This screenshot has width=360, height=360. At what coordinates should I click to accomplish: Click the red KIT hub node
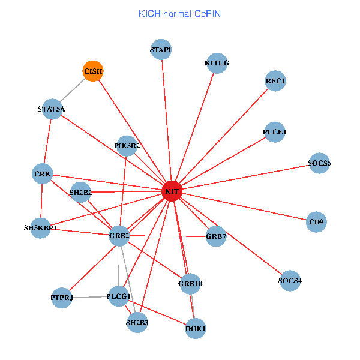pyautogui.click(x=172, y=191)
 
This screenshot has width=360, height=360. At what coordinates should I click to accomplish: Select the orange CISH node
pyautogui.click(x=92, y=71)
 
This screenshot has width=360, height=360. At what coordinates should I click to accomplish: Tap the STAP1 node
pyautogui.click(x=161, y=50)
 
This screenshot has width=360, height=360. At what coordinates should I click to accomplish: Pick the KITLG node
pyautogui.click(x=217, y=62)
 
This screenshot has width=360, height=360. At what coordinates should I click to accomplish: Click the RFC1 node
pyautogui.click(x=275, y=80)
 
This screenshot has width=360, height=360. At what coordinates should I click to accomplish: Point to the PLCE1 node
pyautogui.click(x=275, y=132)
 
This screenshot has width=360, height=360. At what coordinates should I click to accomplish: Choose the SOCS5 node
pyautogui.click(x=319, y=163)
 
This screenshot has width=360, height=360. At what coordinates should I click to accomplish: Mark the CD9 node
pyautogui.click(x=316, y=222)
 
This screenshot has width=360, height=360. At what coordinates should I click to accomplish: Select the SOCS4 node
pyautogui.click(x=290, y=280)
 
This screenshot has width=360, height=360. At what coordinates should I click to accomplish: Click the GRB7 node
pyautogui.click(x=216, y=236)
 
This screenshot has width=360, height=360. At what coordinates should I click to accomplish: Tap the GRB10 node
pyautogui.click(x=191, y=283)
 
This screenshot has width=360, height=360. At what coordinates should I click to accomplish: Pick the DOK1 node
pyautogui.click(x=196, y=328)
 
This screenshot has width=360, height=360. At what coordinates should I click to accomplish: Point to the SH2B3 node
pyautogui.click(x=137, y=323)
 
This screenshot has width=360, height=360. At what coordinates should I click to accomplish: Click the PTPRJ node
pyautogui.click(x=62, y=298)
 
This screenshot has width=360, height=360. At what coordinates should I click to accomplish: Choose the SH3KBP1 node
pyautogui.click(x=41, y=228)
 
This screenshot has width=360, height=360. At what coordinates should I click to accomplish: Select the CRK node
pyautogui.click(x=43, y=174)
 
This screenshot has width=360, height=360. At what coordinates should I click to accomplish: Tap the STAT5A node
pyautogui.click(x=51, y=109)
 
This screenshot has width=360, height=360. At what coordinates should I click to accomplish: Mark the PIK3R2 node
pyautogui.click(x=127, y=146)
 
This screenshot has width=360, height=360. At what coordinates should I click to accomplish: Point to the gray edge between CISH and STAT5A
pyautogui.click(x=72, y=90)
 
